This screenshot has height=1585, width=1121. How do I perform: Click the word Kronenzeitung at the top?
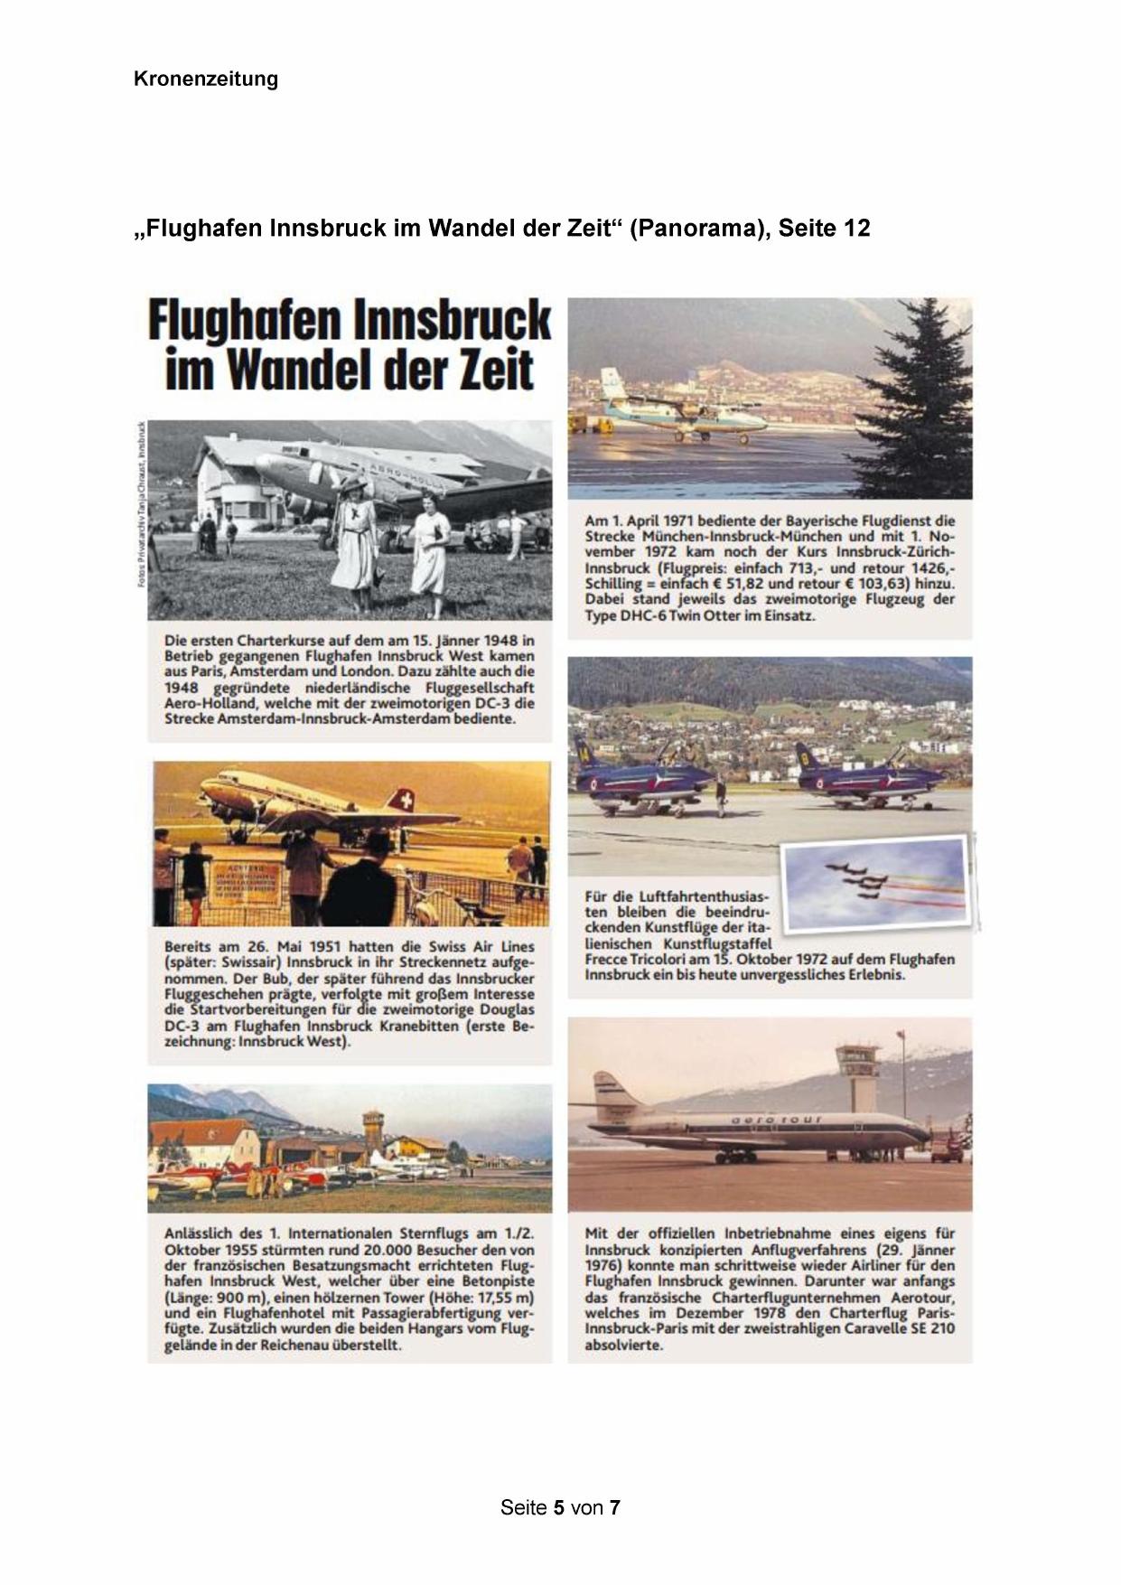pyautogui.click(x=205, y=79)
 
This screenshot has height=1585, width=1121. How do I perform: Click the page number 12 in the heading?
pyautogui.click(x=855, y=229)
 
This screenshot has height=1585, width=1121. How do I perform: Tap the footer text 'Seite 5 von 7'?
pyautogui.click(x=560, y=1507)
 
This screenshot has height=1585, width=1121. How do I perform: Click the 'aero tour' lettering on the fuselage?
pyautogui.click(x=776, y=1120)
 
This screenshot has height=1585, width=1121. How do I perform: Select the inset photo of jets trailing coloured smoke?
pyautogui.click(x=873, y=884)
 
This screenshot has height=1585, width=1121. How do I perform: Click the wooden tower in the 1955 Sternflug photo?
pyautogui.click(x=373, y=1133)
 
